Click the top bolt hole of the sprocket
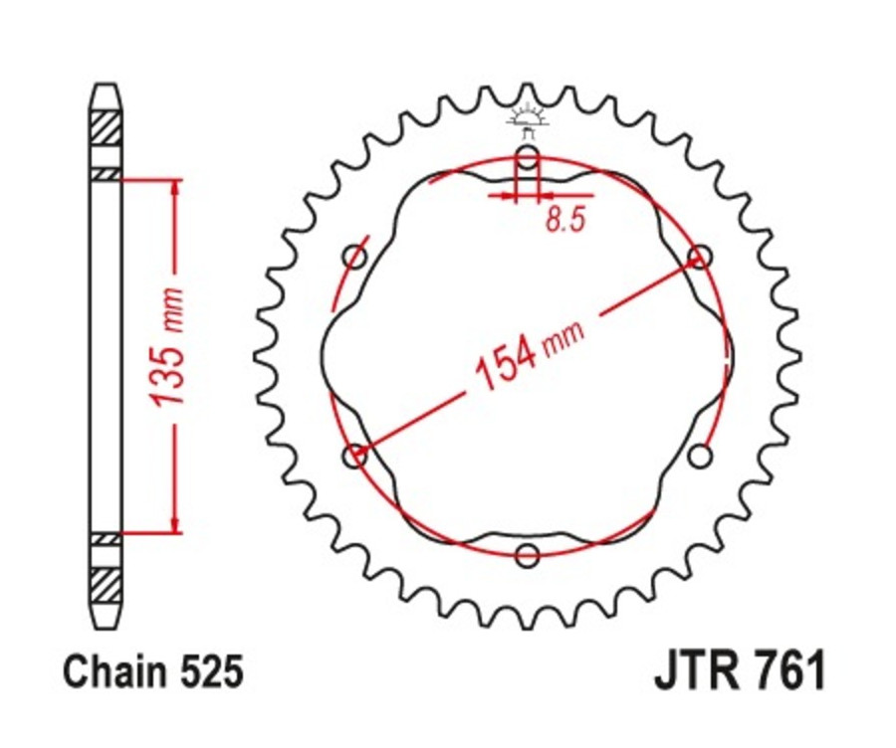click(x=528, y=156)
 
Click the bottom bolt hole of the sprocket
click(x=528, y=554)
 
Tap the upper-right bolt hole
click(x=701, y=257)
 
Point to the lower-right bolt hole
click(x=701, y=456)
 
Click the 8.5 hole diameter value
click(x=563, y=221)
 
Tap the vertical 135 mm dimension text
click(x=170, y=347)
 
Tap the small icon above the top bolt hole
click(x=527, y=119)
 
